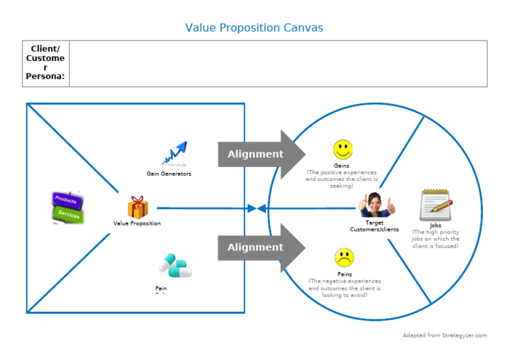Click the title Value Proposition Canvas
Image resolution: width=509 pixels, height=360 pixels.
pos(254,27)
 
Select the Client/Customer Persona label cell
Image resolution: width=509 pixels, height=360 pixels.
pos(45,63)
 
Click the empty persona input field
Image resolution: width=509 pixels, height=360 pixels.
pos(278,63)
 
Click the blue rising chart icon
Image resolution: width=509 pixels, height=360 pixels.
pos(174,154)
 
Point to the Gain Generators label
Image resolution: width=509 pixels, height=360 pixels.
pos(169,174)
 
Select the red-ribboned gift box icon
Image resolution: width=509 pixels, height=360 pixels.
pos(137,207)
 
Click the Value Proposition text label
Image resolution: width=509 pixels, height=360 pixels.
pos(137,223)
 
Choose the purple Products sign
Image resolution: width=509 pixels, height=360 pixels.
pos(66,200)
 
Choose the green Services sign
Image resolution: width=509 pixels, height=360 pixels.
pos(69,214)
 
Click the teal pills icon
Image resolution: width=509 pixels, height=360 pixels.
pos(175,265)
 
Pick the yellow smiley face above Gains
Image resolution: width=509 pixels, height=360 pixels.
pos(343,149)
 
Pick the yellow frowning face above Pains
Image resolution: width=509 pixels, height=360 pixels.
pos(344,257)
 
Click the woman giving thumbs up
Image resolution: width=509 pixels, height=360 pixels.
pos(374,205)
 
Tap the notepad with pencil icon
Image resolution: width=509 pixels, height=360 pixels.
pos(435,205)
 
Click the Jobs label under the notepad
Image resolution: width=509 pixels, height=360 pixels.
pos(435,225)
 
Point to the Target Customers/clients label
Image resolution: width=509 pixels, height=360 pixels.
pos(374,226)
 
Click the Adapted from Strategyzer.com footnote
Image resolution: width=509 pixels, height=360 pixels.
pos(445,335)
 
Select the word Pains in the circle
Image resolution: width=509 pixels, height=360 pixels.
pos(344,274)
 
